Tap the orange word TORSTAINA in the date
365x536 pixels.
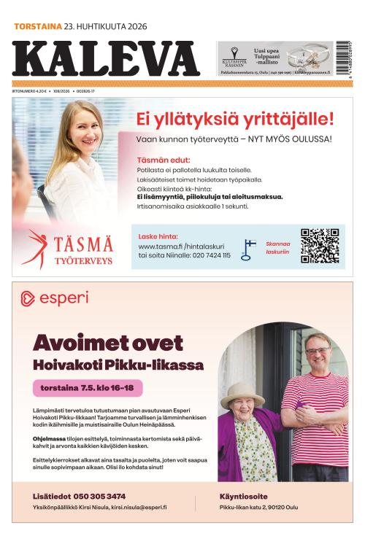click(36, 26)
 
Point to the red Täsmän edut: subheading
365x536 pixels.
click(164, 160)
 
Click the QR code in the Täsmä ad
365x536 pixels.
click(320, 246)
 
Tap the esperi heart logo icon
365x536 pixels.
click(28, 298)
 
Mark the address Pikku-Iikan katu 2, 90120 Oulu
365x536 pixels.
click(258, 508)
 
